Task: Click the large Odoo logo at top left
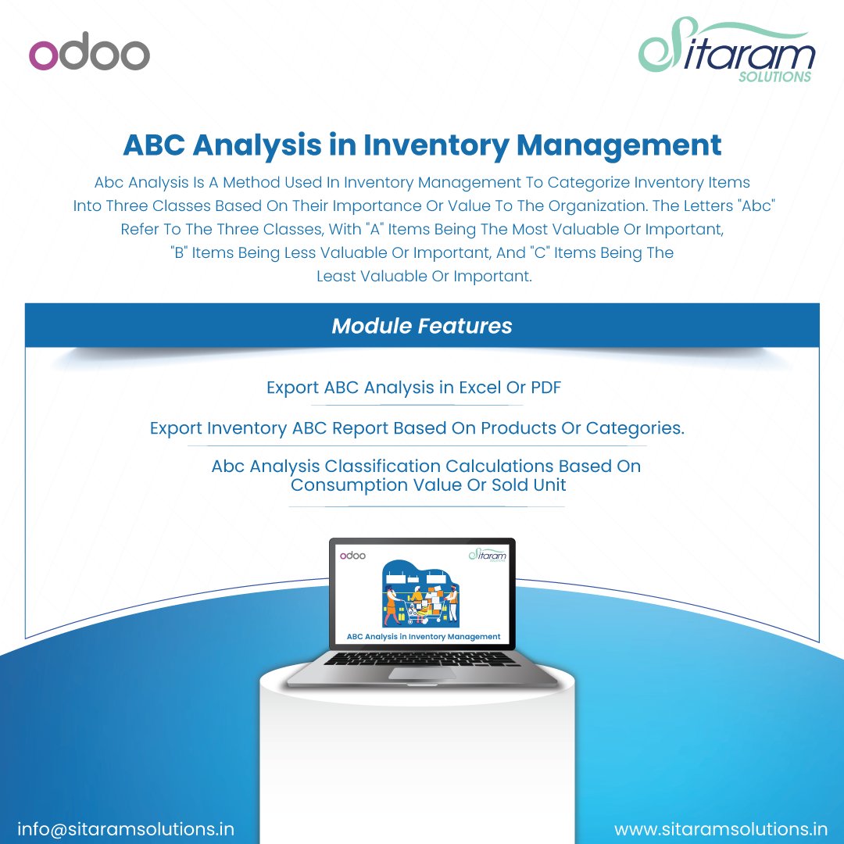[89, 55]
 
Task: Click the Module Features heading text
[422, 326]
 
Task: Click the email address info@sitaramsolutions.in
[126, 828]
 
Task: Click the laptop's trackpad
[423, 673]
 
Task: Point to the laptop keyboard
[423, 659]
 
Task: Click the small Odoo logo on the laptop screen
[352, 555]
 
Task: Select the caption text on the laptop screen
[423, 637]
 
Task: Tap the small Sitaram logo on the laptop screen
[488, 555]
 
